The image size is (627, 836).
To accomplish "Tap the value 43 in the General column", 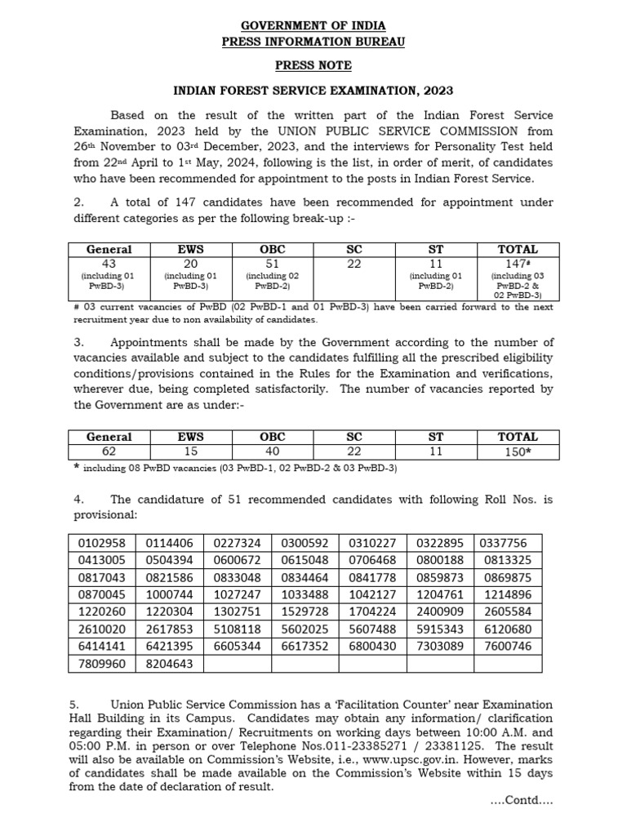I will point(109,263).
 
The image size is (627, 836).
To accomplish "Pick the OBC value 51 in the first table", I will point(273,263).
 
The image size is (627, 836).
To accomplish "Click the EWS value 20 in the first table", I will point(190,263).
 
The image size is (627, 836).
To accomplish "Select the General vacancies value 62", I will point(109,451).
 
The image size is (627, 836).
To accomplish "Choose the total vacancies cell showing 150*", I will point(518,451).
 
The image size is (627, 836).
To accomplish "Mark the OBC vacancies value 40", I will point(273,451).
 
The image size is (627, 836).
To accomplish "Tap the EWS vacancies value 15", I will point(190,451).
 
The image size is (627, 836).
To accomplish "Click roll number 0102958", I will point(102,543).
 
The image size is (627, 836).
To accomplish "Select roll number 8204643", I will point(170,664).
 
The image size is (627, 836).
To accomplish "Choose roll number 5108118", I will point(238,629).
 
